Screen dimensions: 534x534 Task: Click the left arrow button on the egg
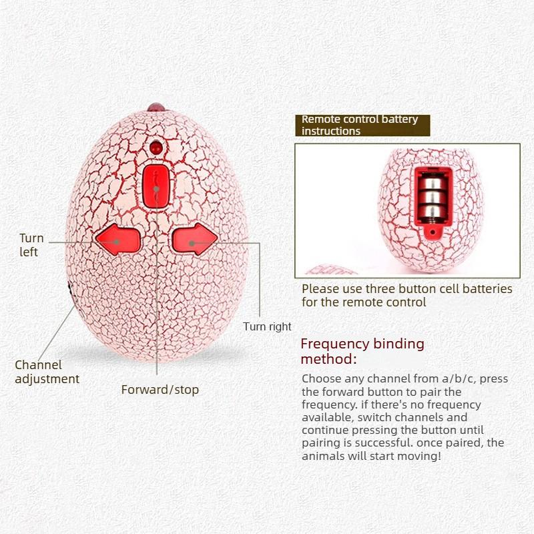pyautogui.click(x=118, y=240)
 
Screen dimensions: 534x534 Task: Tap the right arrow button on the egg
pyautogui.click(x=195, y=239)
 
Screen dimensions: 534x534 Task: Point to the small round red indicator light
pyautogui.click(x=156, y=147)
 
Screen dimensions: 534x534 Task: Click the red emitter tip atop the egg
pyautogui.click(x=156, y=107)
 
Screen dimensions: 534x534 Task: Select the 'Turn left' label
pyautogui.click(x=31, y=245)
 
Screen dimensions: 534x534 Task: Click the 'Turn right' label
pyautogui.click(x=267, y=326)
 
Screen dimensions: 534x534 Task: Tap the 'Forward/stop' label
pyautogui.click(x=160, y=390)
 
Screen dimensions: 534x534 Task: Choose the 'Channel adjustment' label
pyautogui.click(x=47, y=372)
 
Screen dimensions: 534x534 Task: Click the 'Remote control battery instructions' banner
pyautogui.click(x=362, y=125)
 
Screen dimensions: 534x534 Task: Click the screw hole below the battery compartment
pyautogui.click(x=433, y=232)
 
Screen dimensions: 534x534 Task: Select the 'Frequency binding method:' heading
pyautogui.click(x=362, y=351)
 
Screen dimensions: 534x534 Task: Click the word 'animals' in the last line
pyautogui.click(x=323, y=456)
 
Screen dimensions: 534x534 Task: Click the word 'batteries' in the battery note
pyautogui.click(x=485, y=289)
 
